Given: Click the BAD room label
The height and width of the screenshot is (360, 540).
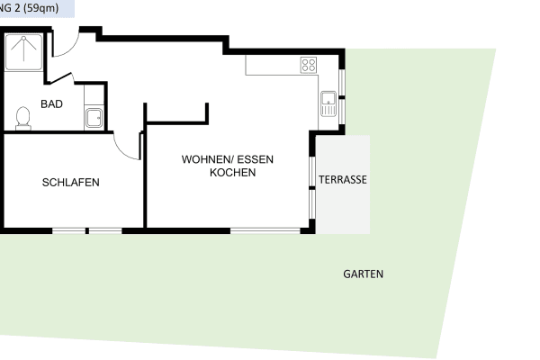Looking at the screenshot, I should [51, 104].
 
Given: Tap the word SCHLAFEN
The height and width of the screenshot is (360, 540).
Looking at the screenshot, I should [70, 183].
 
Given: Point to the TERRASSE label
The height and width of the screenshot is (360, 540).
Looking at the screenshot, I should [343, 180].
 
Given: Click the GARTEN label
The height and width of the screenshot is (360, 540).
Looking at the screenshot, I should [363, 274].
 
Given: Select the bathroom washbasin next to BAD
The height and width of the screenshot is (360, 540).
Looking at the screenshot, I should [94, 115].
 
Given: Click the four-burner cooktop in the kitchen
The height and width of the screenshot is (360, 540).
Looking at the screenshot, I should [309, 65].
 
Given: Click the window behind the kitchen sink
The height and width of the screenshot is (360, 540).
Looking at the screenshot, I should [341, 103].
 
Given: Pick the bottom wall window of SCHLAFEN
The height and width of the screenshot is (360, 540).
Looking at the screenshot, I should [86, 231].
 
